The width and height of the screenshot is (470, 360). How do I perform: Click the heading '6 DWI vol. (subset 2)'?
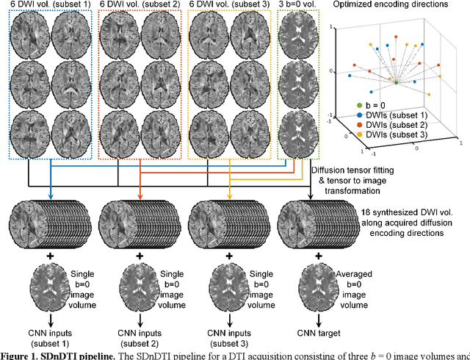click(140, 5)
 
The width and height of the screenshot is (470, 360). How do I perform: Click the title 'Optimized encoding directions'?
click(400, 6)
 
